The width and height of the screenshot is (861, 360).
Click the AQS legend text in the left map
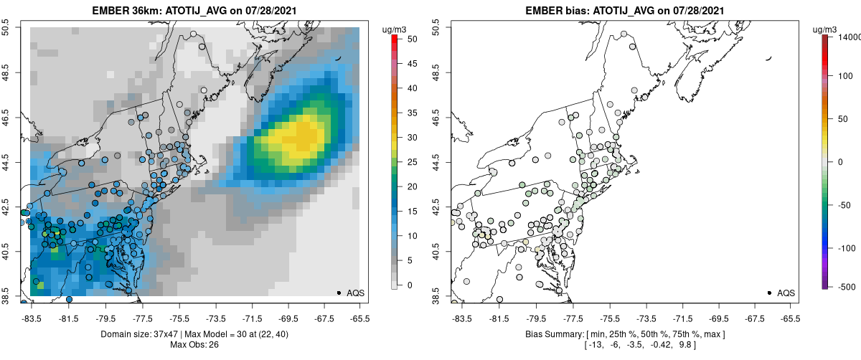tap(356, 293)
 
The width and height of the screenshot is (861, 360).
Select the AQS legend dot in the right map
tap(769, 293)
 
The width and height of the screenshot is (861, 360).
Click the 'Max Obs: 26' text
tap(194, 345)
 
